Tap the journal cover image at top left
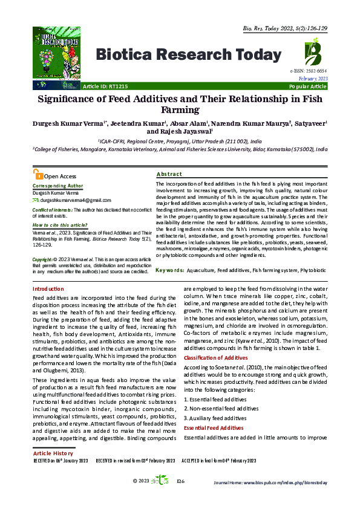[56, 51]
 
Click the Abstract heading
[169, 173]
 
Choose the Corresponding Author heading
[57, 186]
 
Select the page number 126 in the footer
[180, 498]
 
